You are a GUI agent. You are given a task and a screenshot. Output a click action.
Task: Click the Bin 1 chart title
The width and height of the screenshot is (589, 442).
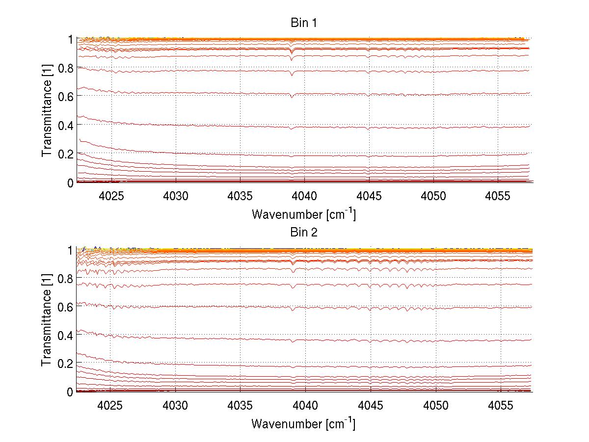[x=304, y=23]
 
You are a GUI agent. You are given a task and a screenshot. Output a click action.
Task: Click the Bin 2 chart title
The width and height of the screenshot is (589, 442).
[x=304, y=232]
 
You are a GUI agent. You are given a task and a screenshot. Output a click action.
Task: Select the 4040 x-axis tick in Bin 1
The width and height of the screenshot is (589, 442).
[x=305, y=195]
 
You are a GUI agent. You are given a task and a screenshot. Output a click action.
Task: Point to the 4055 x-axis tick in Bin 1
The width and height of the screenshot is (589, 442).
[x=498, y=195]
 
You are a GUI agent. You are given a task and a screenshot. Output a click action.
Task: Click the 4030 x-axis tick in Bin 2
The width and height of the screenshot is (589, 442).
[x=175, y=405]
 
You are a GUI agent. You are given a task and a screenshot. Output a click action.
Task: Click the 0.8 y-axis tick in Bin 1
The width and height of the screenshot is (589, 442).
[x=66, y=68]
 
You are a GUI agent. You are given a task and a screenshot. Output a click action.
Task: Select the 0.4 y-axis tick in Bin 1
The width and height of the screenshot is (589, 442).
[x=66, y=125]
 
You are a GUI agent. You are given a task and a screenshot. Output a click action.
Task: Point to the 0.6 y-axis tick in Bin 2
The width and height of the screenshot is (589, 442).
[x=66, y=307]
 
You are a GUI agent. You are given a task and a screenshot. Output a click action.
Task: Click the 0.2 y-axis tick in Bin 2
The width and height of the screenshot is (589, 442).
[x=66, y=363]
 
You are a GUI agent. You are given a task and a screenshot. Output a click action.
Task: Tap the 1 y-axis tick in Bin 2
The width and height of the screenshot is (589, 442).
[x=70, y=250]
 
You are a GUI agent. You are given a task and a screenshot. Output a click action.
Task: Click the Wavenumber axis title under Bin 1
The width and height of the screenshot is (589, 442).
[x=303, y=214]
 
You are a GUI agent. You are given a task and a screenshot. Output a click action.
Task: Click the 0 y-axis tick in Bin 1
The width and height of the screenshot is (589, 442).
[x=70, y=182]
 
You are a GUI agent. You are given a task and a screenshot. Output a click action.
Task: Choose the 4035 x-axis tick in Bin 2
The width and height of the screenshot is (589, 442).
[x=240, y=405]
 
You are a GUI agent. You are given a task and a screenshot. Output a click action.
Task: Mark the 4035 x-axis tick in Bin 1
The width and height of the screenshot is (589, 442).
[x=241, y=195]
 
